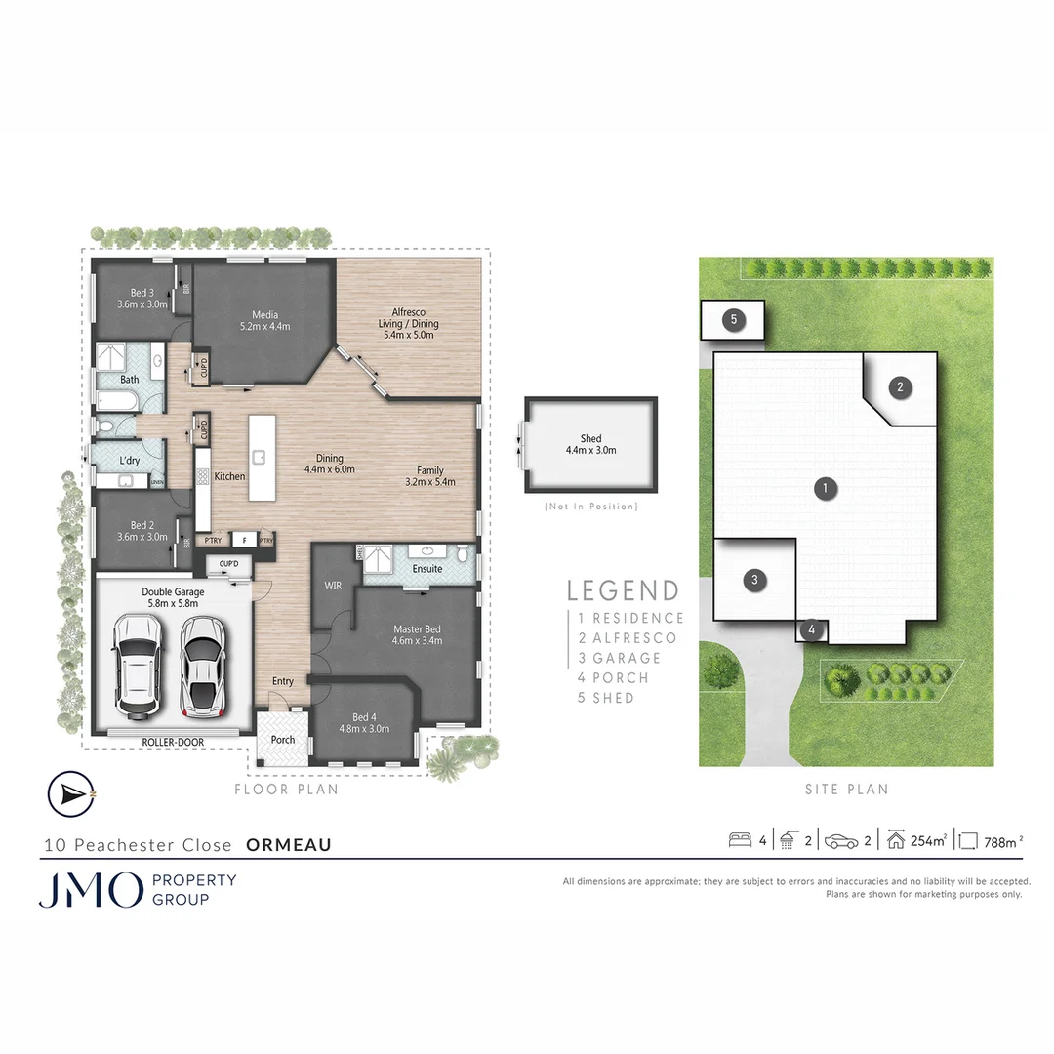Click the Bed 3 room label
(142, 293)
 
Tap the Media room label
(264, 315)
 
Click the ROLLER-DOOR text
(173, 743)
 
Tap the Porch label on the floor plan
(283, 740)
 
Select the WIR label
(332, 586)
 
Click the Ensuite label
(427, 569)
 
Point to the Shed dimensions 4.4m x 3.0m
(590, 451)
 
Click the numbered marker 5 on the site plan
(733, 319)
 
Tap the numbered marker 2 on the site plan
(901, 387)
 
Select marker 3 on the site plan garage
(754, 581)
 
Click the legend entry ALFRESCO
(633, 638)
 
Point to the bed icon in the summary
(740, 840)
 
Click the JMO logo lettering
(91, 889)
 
